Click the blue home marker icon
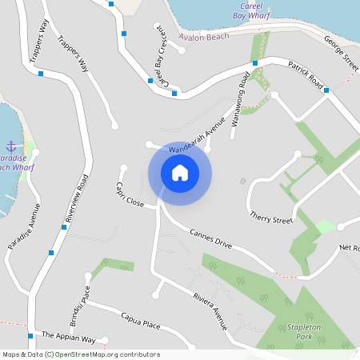[x=180, y=172]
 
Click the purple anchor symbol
[x=11, y=146]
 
